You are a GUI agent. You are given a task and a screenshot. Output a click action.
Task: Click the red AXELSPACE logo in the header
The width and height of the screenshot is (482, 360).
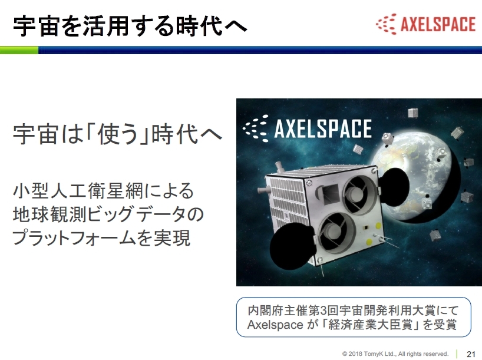click(426, 24)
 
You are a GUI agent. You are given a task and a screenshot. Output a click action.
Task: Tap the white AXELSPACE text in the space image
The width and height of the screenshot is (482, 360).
click(323, 128)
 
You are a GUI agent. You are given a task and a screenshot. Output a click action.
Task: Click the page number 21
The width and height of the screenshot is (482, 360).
click(471, 354)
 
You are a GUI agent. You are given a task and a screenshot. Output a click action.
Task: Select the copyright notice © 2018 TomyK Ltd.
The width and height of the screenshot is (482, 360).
click(395, 354)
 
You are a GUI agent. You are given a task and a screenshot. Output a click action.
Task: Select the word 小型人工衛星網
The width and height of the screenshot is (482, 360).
click(78, 191)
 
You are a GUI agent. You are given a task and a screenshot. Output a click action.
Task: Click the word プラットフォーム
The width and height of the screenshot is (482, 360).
click(73, 237)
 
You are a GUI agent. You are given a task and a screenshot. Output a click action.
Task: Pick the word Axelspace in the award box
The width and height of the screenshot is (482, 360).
click(275, 325)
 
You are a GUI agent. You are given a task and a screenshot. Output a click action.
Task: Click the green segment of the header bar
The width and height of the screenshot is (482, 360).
click(19, 50)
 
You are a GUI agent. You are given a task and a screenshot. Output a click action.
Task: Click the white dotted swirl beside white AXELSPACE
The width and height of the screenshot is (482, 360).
click(256, 128)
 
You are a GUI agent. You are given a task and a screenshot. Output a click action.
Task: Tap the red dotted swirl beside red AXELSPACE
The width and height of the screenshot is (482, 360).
click(386, 24)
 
